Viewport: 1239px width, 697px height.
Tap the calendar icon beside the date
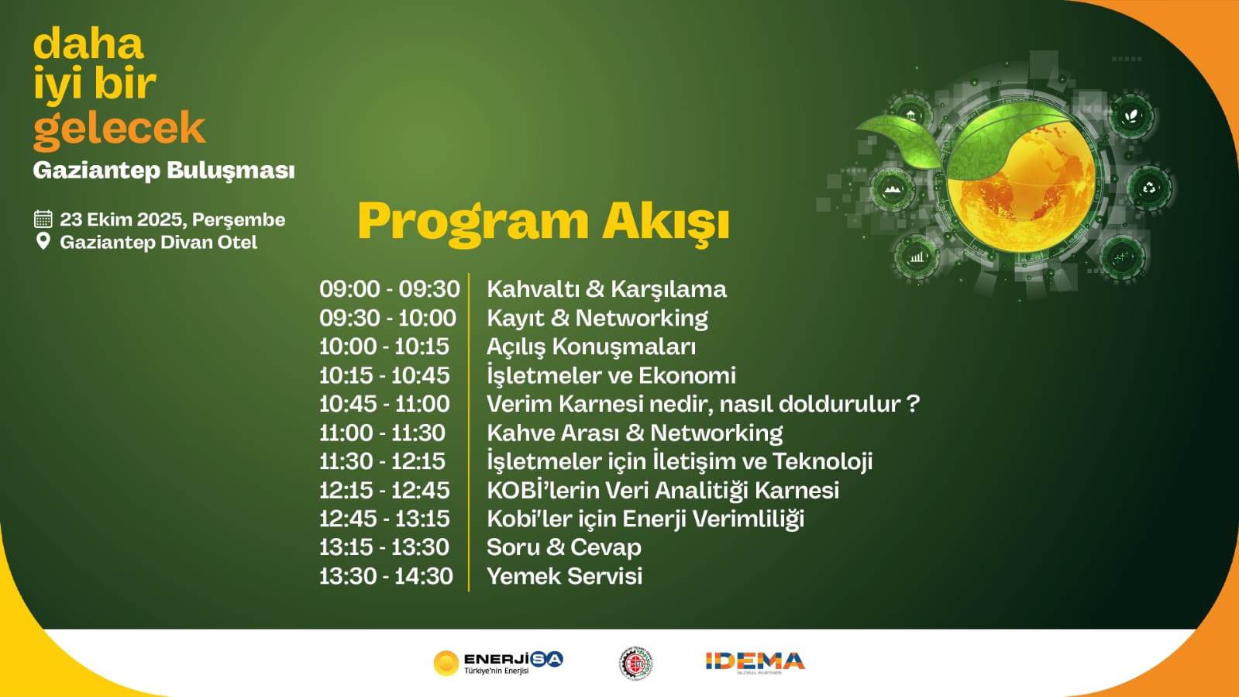pos(43,219)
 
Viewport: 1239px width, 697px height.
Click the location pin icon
pos(43,241)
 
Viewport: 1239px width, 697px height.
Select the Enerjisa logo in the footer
pos(498,663)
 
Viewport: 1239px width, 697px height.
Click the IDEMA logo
pos(755,662)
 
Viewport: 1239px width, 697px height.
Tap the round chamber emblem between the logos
pos(635,663)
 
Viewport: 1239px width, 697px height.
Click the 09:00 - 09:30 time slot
pos(390,289)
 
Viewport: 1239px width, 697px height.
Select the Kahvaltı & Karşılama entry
pos(606,289)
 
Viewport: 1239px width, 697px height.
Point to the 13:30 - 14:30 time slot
pos(386,576)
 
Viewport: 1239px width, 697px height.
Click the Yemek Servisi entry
pos(564,576)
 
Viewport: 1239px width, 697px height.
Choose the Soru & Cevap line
pos(563,547)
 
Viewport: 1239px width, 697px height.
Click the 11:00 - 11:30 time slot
pos(382,433)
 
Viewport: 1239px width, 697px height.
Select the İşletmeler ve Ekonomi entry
pos(611,375)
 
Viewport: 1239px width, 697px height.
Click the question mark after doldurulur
pos(914,404)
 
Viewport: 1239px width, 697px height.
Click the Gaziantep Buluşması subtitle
pos(163,171)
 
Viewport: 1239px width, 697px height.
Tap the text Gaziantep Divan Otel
pos(159,243)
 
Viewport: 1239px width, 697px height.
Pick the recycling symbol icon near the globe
pos(1149,188)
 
